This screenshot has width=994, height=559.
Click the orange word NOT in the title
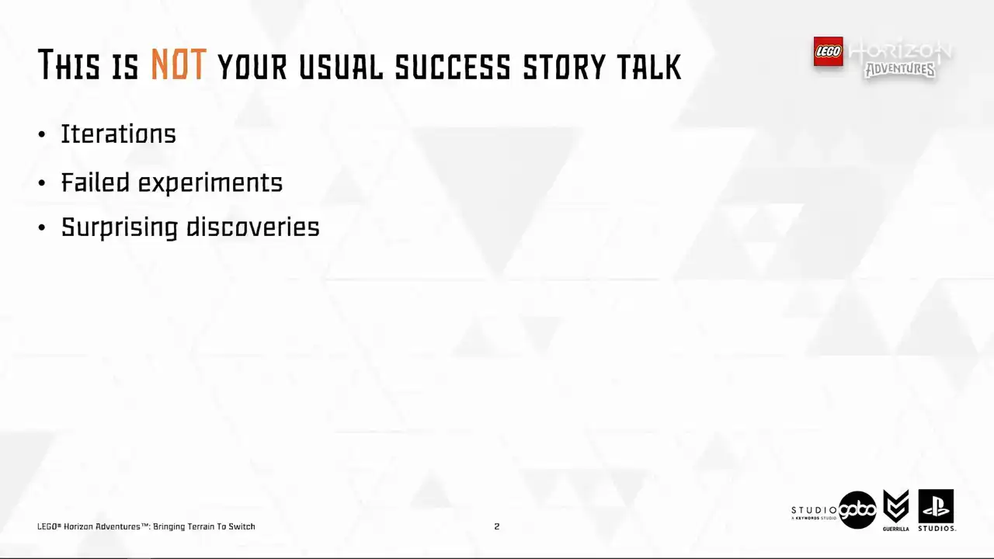point(179,64)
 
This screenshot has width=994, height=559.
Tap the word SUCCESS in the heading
point(453,67)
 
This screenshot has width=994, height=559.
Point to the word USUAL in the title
point(341,67)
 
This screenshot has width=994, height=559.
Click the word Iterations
point(119,134)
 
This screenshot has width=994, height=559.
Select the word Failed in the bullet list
point(96,182)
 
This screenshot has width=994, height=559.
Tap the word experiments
point(210,183)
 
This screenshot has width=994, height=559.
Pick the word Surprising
point(120,227)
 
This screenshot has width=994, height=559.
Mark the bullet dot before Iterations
point(42,134)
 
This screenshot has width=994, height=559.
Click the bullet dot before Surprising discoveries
point(42,227)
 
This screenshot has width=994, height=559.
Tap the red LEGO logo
point(828,51)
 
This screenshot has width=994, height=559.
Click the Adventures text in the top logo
point(901,70)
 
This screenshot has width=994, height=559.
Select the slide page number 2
point(496,526)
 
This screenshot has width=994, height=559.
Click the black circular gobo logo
point(857,510)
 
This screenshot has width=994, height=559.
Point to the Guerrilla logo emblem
point(896,507)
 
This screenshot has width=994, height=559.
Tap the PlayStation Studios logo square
point(936,507)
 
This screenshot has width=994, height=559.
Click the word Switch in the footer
point(242,526)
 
